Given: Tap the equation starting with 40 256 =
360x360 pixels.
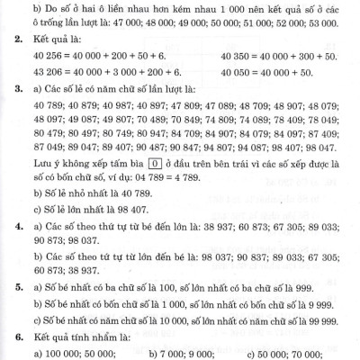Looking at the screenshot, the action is [95, 59].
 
